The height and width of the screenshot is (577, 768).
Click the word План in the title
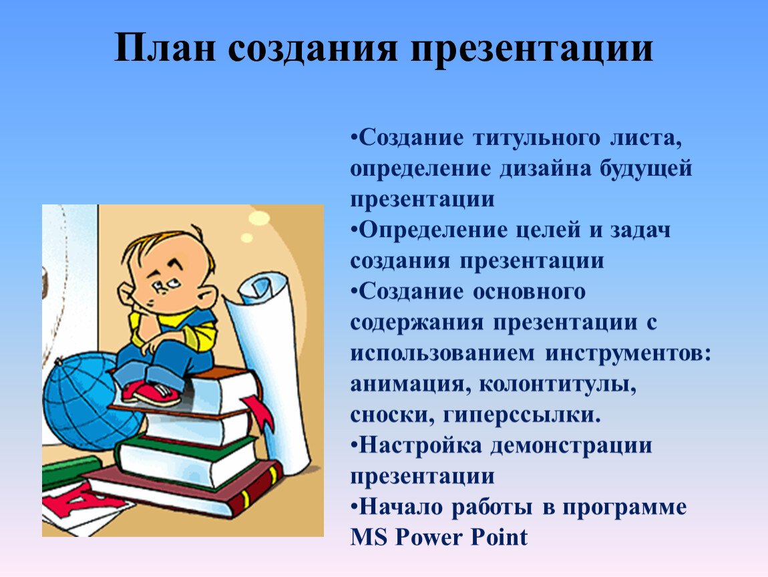point(164,48)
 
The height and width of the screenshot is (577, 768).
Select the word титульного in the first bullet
point(536,139)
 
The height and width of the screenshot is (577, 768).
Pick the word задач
point(640,230)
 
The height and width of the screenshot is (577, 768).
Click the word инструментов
point(628,354)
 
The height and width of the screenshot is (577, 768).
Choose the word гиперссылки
point(522,416)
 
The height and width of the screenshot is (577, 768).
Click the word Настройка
point(420,445)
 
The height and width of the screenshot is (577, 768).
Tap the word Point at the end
point(499,537)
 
